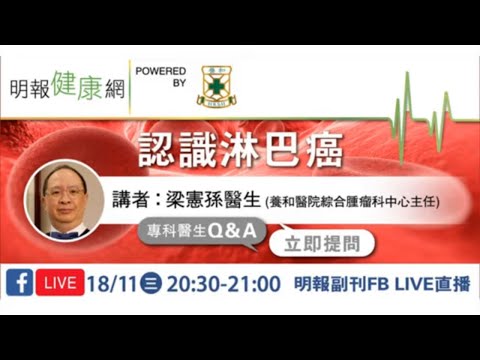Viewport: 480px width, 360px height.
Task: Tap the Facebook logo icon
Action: pos(18,284)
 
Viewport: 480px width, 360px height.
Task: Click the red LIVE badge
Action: pos(60,284)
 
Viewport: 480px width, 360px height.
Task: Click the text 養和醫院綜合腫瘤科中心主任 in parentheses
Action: pos(354,202)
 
